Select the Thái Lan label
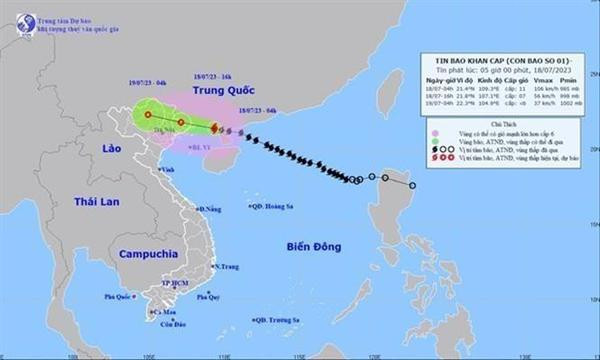click(95, 203)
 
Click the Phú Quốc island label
click(119, 297)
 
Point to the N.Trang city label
click(229, 266)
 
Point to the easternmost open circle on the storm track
click(412, 185)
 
